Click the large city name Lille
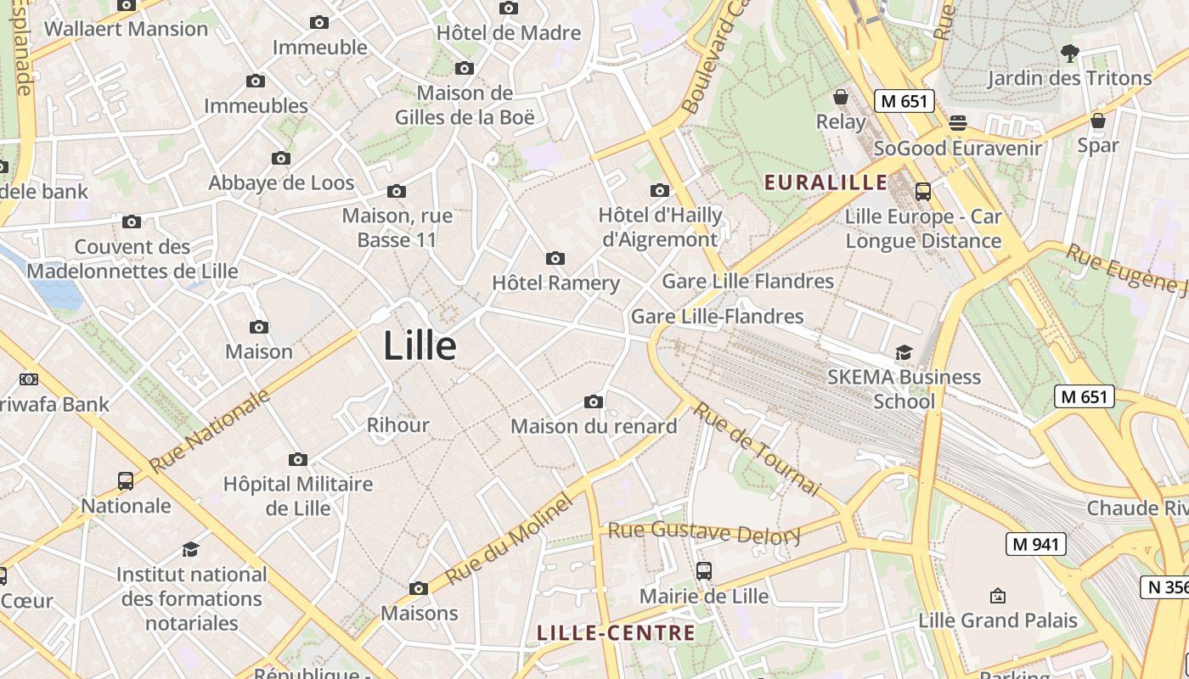[x=420, y=345]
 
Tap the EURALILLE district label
[x=826, y=182]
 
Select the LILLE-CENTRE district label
[x=617, y=632]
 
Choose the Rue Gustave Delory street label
[x=704, y=533]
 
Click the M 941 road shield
[x=1035, y=544]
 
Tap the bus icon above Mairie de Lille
[x=703, y=571]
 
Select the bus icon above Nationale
[x=126, y=481]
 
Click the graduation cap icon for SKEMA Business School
[x=904, y=352]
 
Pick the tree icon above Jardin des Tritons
[x=1069, y=53]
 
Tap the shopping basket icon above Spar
[x=1098, y=121]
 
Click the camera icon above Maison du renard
[x=594, y=401]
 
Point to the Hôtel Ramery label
[x=556, y=283]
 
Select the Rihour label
[x=397, y=424]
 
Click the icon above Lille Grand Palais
[x=998, y=596]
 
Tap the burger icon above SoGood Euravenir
[x=958, y=123]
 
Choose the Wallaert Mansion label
[x=126, y=29]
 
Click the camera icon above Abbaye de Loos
[x=281, y=158]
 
